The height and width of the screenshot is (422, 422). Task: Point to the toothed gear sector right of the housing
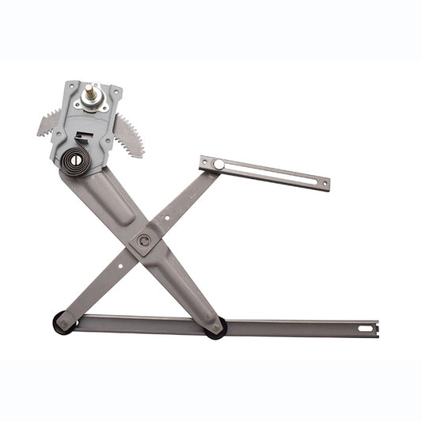pyautogui.click(x=129, y=133)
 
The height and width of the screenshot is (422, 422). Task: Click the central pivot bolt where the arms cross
pyautogui.click(x=144, y=240)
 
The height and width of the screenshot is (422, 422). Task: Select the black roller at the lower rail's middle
pyautogui.click(x=216, y=326)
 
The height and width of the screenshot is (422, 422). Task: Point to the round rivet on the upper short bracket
pyautogui.click(x=219, y=165)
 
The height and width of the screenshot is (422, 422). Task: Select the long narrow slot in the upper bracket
pyautogui.click(x=269, y=173)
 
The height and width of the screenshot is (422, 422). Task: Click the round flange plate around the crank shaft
pyautogui.click(x=94, y=104)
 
